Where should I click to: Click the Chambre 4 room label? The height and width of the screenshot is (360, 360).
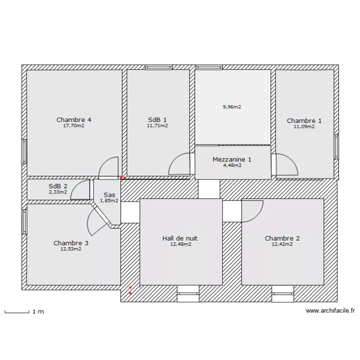pyautogui.click(x=74, y=120)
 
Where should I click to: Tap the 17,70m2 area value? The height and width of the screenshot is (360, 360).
pyautogui.click(x=74, y=126)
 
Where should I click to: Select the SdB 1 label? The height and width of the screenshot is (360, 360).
pyautogui.click(x=157, y=120)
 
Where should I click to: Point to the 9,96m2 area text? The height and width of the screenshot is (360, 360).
pyautogui.click(x=232, y=107)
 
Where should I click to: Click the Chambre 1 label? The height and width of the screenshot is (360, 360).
pyautogui.click(x=304, y=121)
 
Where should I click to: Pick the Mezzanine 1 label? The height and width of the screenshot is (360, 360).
pyautogui.click(x=232, y=159)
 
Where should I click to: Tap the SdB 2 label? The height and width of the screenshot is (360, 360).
pyautogui.click(x=58, y=186)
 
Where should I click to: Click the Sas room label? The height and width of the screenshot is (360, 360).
pyautogui.click(x=109, y=195)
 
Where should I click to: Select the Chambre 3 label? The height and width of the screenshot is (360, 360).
pyautogui.click(x=71, y=243)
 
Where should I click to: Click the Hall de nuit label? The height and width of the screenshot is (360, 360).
pyautogui.click(x=180, y=238)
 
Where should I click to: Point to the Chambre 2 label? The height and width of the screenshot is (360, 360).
pyautogui.click(x=282, y=238)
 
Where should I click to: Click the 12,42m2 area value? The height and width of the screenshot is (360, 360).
pyautogui.click(x=282, y=244)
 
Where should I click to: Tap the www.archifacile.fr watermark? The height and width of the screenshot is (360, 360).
pyautogui.click(x=330, y=311)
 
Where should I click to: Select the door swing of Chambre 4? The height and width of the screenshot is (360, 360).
pyautogui.click(x=109, y=167)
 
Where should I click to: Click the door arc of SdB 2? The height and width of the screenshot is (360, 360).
pyautogui.click(x=81, y=190)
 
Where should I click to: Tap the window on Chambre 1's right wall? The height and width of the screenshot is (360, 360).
pyautogui.click(x=336, y=146)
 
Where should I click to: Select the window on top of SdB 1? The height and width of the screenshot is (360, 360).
pyautogui.click(x=159, y=68)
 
